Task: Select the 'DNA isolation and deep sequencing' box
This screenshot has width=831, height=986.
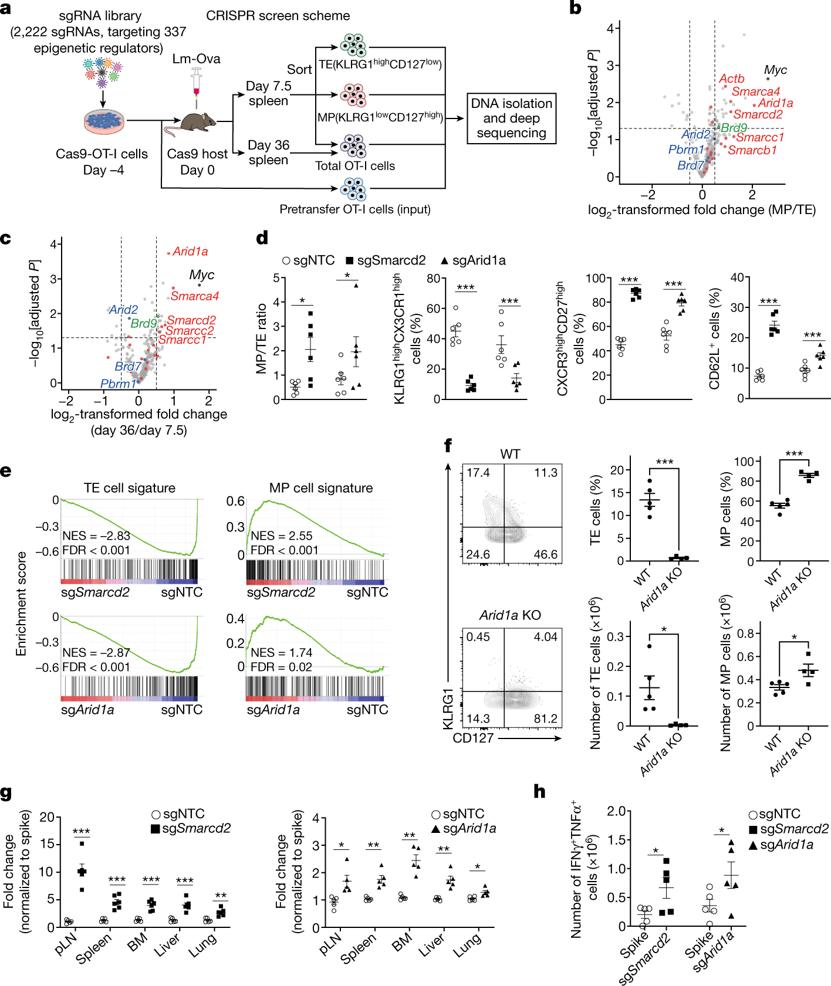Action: click(x=511, y=118)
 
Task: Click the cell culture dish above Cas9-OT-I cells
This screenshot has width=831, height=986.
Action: click(x=104, y=122)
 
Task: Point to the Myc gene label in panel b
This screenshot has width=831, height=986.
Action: click(x=775, y=70)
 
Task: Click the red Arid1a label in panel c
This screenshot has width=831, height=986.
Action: click(x=190, y=252)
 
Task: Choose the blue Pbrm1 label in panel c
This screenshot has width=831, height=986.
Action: click(x=118, y=384)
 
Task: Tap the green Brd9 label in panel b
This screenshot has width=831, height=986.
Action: click(x=734, y=127)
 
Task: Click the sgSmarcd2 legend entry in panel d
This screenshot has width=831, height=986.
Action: click(x=386, y=260)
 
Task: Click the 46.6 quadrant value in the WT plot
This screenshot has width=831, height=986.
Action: click(x=545, y=554)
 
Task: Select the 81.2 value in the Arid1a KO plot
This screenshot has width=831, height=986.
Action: click(x=545, y=719)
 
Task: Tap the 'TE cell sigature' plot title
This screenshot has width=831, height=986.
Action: click(x=129, y=488)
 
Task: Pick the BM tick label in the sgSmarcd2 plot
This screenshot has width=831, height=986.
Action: click(x=137, y=943)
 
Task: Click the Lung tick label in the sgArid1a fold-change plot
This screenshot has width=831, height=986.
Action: click(x=468, y=944)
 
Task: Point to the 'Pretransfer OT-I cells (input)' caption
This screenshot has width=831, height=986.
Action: click(x=354, y=209)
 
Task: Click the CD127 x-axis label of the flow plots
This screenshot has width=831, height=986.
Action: click(x=473, y=738)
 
